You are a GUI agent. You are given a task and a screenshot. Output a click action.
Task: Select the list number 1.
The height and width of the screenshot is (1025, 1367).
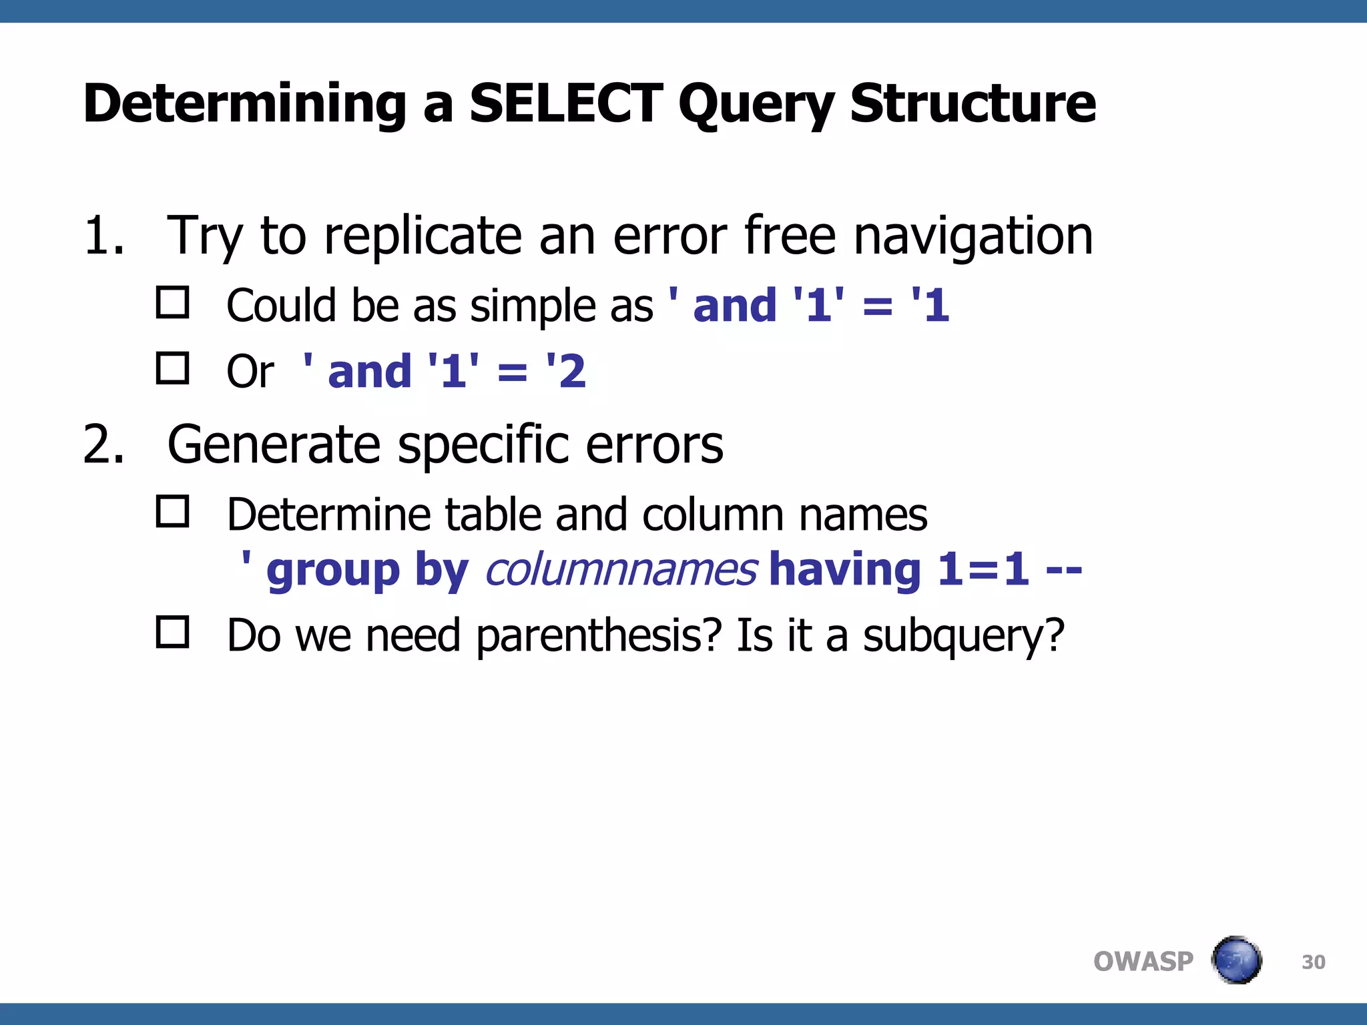click(x=103, y=236)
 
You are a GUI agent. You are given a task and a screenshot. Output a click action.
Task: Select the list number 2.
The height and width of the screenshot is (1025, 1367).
click(x=103, y=445)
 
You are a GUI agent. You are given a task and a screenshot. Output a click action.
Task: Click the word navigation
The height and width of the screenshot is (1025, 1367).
click(x=973, y=237)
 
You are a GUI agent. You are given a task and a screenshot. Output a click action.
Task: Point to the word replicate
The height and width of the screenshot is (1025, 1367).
click(x=423, y=237)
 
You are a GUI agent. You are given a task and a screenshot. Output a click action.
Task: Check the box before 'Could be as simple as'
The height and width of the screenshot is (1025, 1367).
click(x=172, y=302)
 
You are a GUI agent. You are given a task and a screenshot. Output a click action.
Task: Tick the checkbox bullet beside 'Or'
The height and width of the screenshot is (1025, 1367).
click(x=172, y=368)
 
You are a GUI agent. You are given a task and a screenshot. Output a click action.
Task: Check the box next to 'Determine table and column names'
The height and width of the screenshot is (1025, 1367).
click(x=172, y=511)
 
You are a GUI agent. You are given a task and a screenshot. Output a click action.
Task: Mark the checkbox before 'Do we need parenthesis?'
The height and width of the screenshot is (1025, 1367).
click(x=172, y=631)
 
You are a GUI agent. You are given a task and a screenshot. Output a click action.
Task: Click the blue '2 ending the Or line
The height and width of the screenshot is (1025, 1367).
click(x=567, y=371)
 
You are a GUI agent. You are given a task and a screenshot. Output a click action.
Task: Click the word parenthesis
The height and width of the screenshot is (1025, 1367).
click(x=599, y=636)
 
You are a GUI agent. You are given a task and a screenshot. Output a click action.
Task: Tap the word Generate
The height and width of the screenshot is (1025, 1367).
click(x=274, y=445)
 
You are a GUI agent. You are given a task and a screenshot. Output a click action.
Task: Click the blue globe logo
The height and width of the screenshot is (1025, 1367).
click(x=1236, y=960)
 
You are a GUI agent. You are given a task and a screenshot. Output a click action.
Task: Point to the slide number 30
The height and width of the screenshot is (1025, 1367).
click(x=1313, y=962)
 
